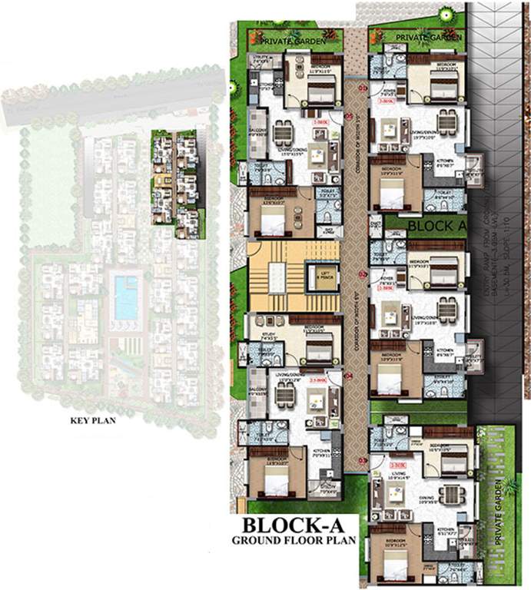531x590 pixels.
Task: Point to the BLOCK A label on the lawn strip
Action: click(x=437, y=226)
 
